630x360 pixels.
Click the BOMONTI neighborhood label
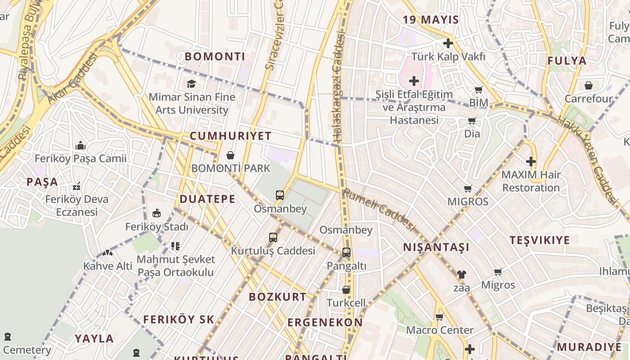215,57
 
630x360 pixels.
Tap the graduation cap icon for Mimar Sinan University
191,84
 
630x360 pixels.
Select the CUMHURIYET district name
230,136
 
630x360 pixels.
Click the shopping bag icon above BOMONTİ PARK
230,155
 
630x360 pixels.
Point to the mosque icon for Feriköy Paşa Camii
81,145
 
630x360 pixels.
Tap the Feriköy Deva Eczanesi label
77,205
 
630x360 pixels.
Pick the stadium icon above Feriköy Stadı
156,213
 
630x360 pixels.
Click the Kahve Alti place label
108,266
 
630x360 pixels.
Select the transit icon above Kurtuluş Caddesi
273,237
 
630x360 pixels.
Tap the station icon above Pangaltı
346,252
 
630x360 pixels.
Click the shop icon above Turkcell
346,290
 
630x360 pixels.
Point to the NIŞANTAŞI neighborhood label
436,247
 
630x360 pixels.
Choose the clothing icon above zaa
461,274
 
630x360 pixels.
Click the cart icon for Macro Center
440,317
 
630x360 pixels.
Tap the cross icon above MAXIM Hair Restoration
531,161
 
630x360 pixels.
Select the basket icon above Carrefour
588,85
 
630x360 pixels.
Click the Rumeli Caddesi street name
378,210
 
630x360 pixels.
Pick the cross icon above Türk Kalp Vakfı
448,43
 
